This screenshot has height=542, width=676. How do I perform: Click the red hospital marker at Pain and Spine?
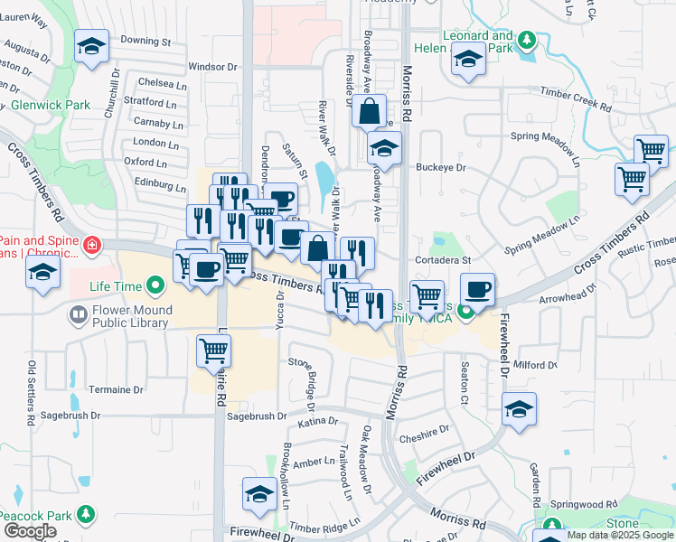pos(91,246)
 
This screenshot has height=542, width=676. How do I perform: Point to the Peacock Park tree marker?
pos(86,514)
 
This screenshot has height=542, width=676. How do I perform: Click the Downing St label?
pos(146,42)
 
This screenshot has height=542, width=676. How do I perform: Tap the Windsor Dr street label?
pos(212,67)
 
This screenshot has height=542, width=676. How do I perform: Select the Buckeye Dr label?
pos(440,167)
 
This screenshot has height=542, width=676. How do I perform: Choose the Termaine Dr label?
pos(117,390)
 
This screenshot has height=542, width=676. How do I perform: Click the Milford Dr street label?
pos(536,365)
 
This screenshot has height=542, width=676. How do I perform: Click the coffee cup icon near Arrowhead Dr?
pos(477,289)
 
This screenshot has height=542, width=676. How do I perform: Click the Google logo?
pos(30,532)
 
